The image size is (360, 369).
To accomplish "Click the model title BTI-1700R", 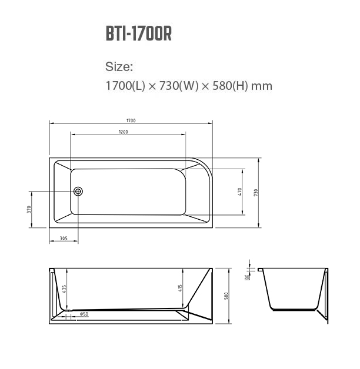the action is click(139, 33).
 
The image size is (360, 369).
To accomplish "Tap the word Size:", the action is click(119, 66).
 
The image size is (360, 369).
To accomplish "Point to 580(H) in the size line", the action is click(230, 86).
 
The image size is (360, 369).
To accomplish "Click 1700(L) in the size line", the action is click(125, 86).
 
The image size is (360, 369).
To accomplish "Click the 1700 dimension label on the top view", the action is click(131, 120).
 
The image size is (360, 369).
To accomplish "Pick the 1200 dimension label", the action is click(124, 132).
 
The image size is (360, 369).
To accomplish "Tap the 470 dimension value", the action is click(240, 192).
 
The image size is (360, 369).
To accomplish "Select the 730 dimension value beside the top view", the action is click(256, 193).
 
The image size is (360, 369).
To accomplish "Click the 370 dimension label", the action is click(29, 209).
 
